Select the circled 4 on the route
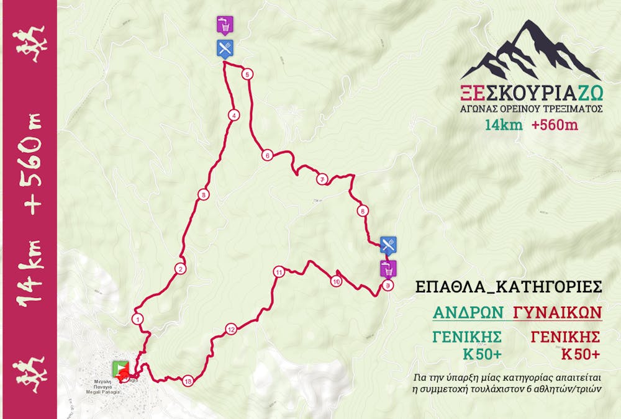[233, 115]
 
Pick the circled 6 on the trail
[267, 156]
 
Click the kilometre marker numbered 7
[322, 180]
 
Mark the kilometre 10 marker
[336, 281]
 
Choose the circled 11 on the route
[279, 272]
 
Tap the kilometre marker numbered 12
[231, 330]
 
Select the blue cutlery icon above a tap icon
[388, 244]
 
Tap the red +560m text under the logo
[555, 125]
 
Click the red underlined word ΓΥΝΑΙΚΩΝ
[558, 312]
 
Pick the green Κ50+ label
[480, 354]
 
